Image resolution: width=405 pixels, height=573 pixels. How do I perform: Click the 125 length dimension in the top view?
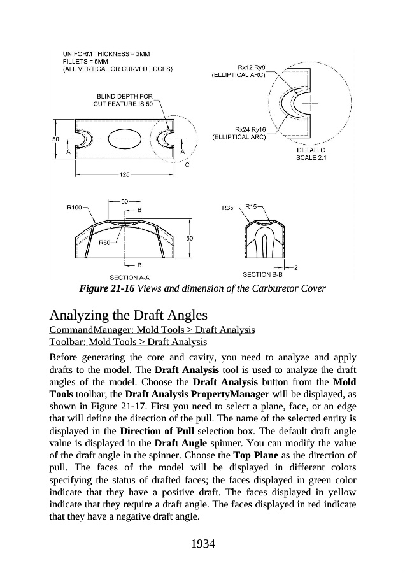pyautogui.click(x=125, y=174)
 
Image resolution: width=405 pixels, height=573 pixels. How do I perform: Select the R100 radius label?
pyautogui.click(x=75, y=207)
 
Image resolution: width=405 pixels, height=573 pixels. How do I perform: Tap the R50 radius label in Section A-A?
pyautogui.click(x=105, y=243)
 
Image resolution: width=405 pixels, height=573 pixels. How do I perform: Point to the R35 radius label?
pyautogui.click(x=229, y=208)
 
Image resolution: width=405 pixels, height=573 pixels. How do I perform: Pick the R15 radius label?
pyautogui.click(x=251, y=206)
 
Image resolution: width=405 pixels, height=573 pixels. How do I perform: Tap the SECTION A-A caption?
pyautogui.click(x=129, y=277)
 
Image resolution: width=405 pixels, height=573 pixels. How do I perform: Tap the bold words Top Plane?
pyautogui.click(x=256, y=457)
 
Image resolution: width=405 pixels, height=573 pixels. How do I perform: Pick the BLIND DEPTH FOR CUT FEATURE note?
pyautogui.click(x=124, y=100)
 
